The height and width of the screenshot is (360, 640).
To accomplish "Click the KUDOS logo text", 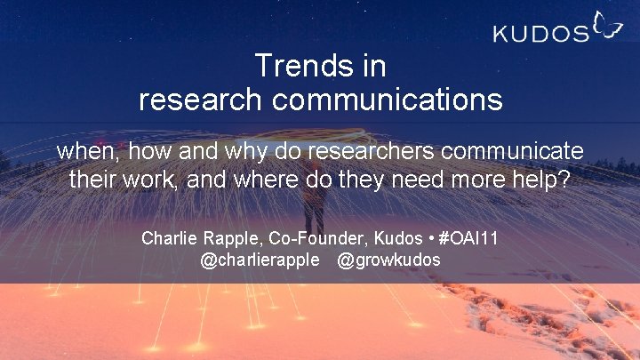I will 540,34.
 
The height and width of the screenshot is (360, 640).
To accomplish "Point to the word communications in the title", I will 388,99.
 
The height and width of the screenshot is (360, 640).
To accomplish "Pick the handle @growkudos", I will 388,260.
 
